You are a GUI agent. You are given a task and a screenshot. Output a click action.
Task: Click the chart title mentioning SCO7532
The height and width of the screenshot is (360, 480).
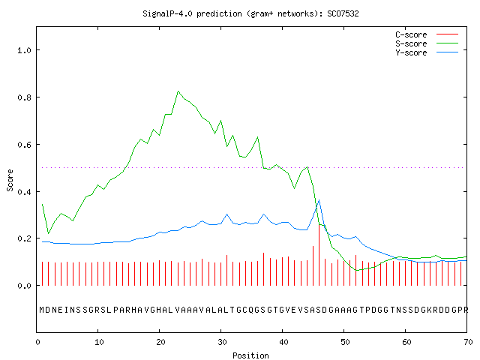(x=250, y=13)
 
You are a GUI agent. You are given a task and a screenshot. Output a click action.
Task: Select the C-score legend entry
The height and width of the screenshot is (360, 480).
(x=427, y=34)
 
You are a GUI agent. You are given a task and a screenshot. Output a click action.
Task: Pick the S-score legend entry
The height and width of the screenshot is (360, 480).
(x=427, y=43)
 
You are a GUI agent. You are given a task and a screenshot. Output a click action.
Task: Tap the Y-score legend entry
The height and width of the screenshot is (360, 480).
(x=427, y=52)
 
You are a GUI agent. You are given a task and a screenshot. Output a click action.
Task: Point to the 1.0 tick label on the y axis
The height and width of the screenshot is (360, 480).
(x=24, y=50)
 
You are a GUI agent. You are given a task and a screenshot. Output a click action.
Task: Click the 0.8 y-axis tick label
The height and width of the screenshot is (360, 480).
(x=24, y=97)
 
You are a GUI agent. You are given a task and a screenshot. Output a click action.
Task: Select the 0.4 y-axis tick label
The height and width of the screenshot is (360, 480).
(x=24, y=192)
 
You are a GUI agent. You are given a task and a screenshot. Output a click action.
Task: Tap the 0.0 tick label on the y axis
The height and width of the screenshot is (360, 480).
(x=24, y=286)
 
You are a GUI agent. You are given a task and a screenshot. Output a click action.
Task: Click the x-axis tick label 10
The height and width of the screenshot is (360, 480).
(x=99, y=342)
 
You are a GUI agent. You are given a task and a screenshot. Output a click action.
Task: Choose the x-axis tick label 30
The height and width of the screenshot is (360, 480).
(x=222, y=342)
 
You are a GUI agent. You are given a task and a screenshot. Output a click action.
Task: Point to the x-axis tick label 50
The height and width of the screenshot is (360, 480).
(x=345, y=342)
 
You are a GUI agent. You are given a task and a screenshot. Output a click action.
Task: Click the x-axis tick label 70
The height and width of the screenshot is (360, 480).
(x=468, y=342)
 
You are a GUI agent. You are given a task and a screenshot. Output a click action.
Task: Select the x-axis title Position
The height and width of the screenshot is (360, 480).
(x=250, y=355)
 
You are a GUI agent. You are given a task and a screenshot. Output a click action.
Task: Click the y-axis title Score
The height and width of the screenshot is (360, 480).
(x=10, y=180)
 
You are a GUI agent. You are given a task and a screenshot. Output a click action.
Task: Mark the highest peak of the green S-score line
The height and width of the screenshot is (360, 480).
(x=178, y=91)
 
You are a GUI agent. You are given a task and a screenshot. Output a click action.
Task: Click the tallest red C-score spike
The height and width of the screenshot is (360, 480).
(x=319, y=255)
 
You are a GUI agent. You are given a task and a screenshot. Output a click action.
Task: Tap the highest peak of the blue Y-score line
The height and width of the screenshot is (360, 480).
(x=319, y=200)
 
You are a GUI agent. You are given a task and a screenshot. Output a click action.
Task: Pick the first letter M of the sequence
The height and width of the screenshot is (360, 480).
(x=42, y=310)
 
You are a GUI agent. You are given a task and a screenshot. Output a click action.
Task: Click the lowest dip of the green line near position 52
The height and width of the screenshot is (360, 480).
(x=356, y=270)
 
